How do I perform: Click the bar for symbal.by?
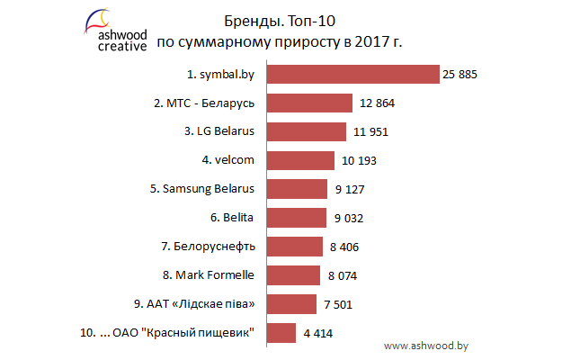353,75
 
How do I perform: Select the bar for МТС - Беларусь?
310,103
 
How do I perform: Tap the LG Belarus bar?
308,132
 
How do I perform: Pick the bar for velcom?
302,161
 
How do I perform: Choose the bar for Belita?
298,218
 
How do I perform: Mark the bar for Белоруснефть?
296,247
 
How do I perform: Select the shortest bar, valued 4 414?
282,333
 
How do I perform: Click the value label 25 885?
459,75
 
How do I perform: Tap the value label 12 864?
375,103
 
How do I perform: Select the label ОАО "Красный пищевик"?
186,333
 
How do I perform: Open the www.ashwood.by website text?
427,345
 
